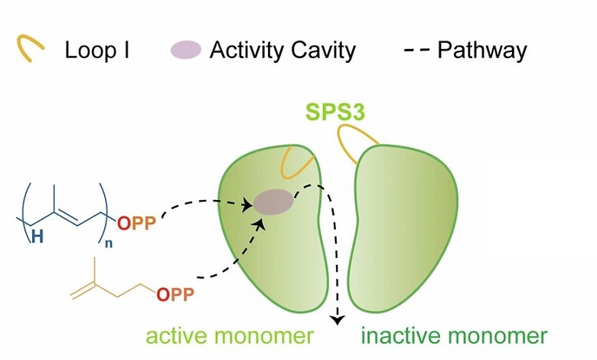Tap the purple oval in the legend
click(x=185, y=51)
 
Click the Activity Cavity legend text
click(x=282, y=51)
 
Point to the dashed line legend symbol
click(x=415, y=51)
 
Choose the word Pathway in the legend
click(x=481, y=51)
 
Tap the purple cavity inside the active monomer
click(x=272, y=202)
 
